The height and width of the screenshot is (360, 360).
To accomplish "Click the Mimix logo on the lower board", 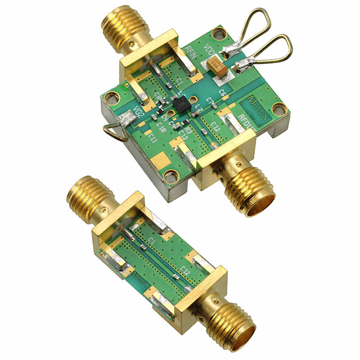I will tap(138, 277).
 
